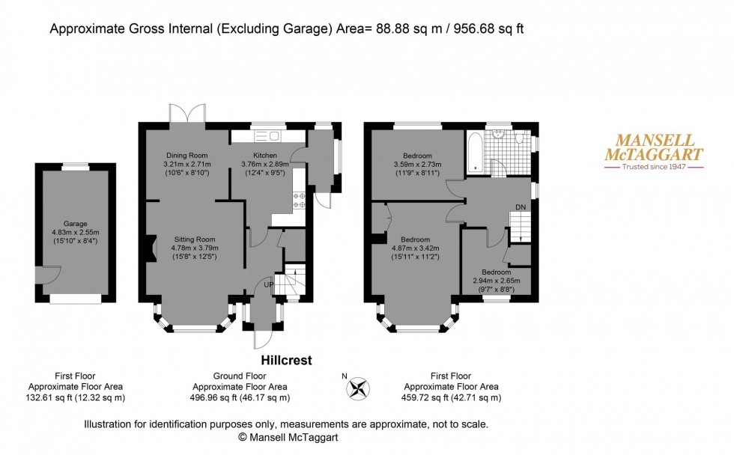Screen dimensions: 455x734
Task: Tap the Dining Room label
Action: click(186, 155)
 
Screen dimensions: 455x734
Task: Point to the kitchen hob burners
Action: click(301, 200)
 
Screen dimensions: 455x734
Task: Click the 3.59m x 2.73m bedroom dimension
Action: click(417, 165)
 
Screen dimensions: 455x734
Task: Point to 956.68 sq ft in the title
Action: click(498, 29)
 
